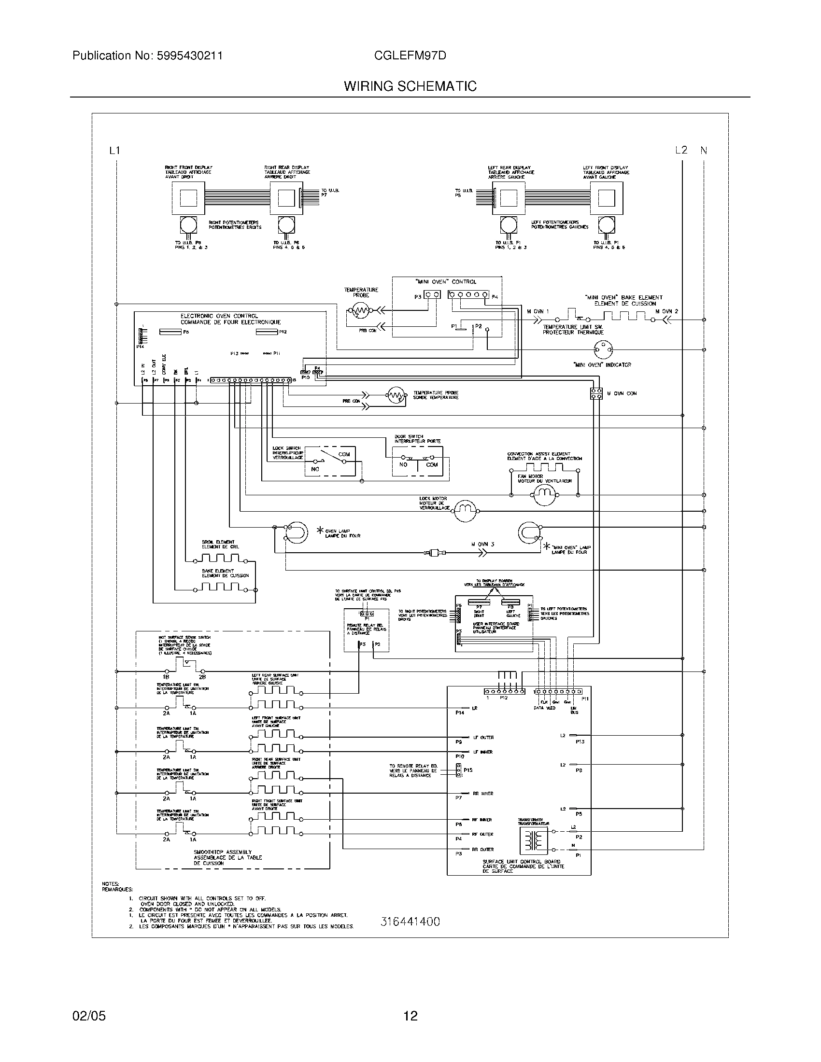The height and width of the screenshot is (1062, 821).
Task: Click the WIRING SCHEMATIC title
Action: pyautogui.click(x=410, y=86)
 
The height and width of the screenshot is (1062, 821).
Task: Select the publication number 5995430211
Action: pyautogui.click(x=190, y=56)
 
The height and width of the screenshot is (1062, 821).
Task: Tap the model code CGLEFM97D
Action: pyautogui.click(x=410, y=56)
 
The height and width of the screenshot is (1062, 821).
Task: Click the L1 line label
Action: pyautogui.click(x=114, y=151)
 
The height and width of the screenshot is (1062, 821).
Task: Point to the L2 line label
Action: pyautogui.click(x=681, y=150)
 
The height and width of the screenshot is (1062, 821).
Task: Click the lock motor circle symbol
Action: pyautogui.click(x=466, y=509)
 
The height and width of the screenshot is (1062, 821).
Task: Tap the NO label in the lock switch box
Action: pyautogui.click(x=315, y=469)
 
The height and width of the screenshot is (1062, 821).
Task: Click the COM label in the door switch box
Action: pyautogui.click(x=432, y=464)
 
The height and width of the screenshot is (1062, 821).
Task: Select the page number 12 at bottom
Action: pyautogui.click(x=410, y=1016)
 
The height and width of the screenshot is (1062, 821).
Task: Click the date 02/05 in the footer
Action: pyautogui.click(x=89, y=1016)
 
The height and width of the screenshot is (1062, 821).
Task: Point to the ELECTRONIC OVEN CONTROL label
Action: pyautogui.click(x=219, y=316)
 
